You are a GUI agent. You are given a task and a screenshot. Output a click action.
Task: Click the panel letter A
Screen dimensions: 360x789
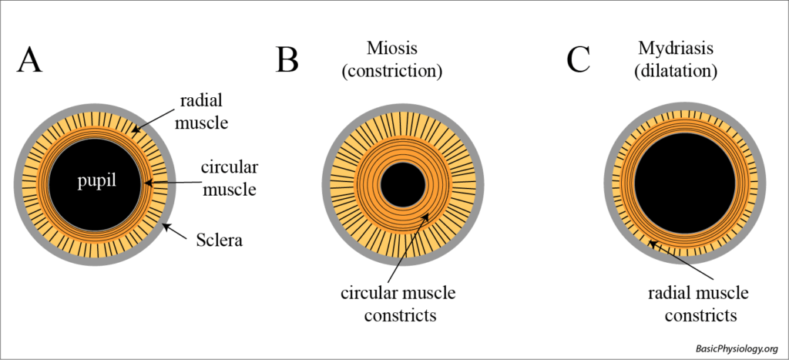click(x=29, y=60)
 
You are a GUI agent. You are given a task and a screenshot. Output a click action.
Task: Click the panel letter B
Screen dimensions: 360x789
click(x=287, y=60)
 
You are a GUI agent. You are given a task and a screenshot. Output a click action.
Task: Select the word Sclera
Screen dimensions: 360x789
click(x=217, y=241)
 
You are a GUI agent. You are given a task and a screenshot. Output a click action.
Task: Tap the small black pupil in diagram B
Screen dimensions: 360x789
click(x=401, y=185)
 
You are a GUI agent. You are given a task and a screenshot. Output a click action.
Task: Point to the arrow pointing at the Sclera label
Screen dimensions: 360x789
click(x=176, y=232)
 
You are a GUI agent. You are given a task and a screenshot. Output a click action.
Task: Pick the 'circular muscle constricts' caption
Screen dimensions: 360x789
click(x=398, y=304)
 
